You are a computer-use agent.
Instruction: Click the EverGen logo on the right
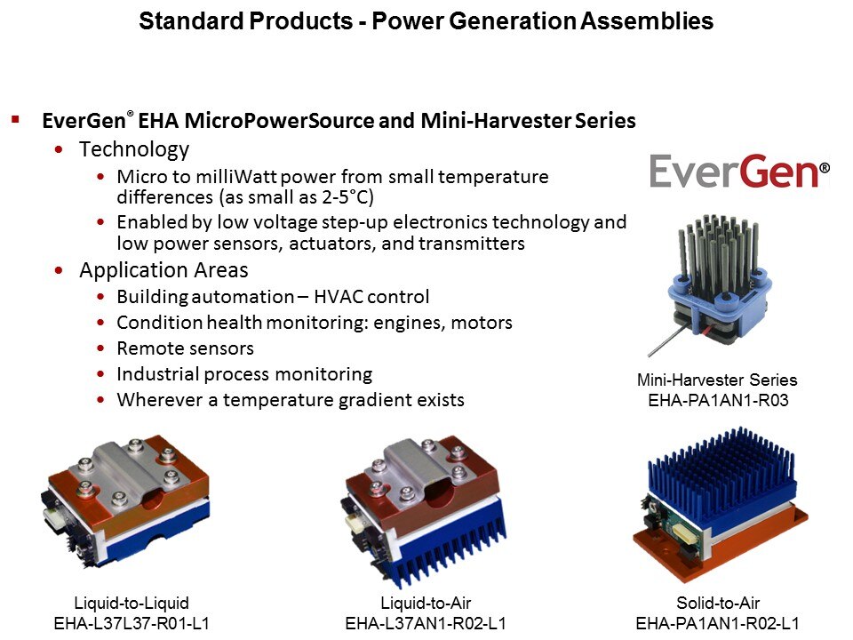740,171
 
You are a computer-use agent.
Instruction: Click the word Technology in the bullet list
134,149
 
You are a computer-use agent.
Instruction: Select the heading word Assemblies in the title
647,20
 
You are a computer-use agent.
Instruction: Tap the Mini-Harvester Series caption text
717,380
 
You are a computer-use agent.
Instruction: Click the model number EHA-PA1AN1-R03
718,400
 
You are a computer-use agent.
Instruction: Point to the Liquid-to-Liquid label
132,603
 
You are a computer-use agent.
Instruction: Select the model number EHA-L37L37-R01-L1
132,623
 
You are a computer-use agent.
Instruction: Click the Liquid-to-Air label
426,603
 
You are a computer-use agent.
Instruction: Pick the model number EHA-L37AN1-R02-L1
426,623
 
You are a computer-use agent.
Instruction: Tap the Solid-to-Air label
718,603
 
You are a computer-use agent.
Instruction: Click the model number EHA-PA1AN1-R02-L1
718,623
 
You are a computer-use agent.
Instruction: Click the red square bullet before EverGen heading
15,119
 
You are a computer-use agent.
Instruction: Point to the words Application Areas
163,270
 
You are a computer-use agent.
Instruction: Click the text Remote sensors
186,348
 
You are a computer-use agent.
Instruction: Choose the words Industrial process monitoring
245,374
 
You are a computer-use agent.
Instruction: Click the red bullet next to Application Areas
60,270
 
